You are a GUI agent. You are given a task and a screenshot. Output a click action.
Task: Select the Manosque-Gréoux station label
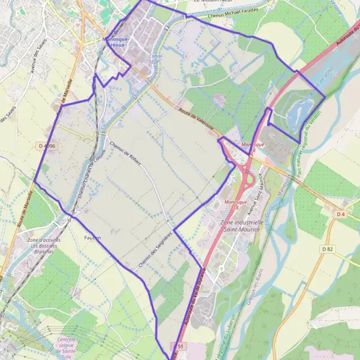point(124,41)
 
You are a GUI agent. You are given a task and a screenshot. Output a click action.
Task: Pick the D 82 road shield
point(327,248)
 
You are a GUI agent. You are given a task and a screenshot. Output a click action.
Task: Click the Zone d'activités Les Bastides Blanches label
point(45,246)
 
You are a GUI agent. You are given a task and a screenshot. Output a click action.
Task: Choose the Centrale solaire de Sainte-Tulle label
point(65,346)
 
